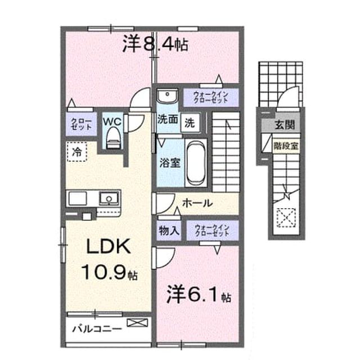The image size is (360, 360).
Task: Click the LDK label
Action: point(108,246)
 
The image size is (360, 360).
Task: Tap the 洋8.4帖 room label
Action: point(155,44)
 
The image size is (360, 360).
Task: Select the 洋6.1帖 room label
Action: point(199,294)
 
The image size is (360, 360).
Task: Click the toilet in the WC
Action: point(114,138)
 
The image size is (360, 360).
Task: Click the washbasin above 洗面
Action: point(167,96)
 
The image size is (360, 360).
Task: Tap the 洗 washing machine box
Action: point(190,123)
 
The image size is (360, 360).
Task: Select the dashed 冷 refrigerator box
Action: point(77,151)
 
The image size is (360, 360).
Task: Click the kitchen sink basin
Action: point(109,199)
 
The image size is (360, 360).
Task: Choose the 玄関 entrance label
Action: point(285,125)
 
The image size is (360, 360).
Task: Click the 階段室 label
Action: point(286,146)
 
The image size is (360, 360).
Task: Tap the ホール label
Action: point(197,203)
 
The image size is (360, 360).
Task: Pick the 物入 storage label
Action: point(169,230)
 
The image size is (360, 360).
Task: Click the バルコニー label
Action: point(97,328)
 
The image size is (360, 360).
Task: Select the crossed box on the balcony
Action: point(137,322)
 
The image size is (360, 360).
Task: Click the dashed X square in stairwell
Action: point(286,218)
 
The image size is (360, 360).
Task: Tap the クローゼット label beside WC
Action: point(81,124)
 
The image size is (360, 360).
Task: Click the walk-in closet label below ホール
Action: point(212,230)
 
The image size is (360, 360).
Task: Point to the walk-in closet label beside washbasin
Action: point(211,97)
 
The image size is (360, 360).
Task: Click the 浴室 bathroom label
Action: point(170,163)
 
